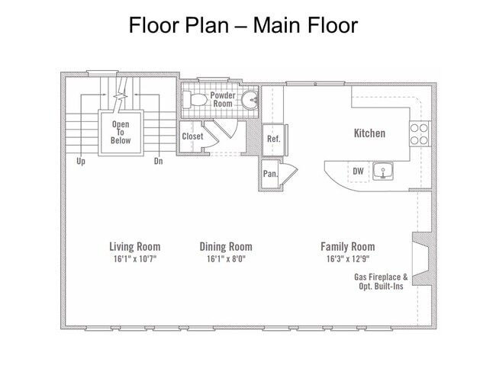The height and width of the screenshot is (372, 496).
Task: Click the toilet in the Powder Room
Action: pos(195,100)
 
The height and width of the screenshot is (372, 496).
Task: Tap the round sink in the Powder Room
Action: pos(250,100)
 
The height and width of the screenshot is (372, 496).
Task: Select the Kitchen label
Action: pos(369,133)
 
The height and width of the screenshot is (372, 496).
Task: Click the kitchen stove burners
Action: pos(419,133)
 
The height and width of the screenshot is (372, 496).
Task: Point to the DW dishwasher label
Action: pos(358,172)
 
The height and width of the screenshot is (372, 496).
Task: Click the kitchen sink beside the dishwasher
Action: pos(383,171)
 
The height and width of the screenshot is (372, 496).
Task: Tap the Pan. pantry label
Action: pos(270,174)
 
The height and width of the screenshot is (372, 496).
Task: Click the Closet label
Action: pos(192,136)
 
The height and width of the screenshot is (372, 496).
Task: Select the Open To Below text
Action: pos(121,133)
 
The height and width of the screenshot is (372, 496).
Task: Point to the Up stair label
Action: pos(81,161)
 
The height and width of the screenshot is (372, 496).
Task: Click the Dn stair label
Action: pos(158,161)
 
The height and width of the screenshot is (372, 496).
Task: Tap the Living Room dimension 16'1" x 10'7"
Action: pos(135,259)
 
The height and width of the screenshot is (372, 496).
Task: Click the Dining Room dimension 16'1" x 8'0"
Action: pos(226,259)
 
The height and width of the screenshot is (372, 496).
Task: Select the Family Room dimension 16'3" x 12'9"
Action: pos(348,259)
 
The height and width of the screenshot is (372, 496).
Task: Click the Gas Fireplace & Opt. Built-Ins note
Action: pos(381,281)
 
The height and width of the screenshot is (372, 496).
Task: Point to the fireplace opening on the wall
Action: pos(420,259)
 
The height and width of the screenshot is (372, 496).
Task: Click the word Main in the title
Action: pos(279,25)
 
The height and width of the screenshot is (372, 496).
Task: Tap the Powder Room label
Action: pos(223,99)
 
